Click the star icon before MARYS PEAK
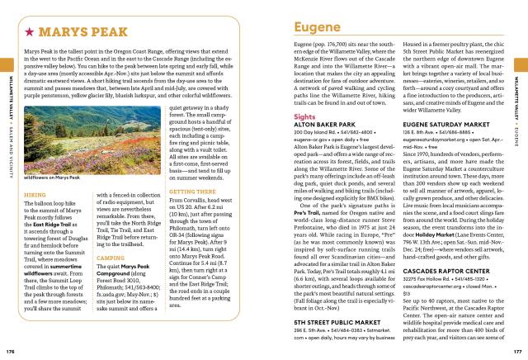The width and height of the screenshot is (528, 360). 29,34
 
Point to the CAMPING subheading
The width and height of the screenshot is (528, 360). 105,257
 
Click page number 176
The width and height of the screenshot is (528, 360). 11,351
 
